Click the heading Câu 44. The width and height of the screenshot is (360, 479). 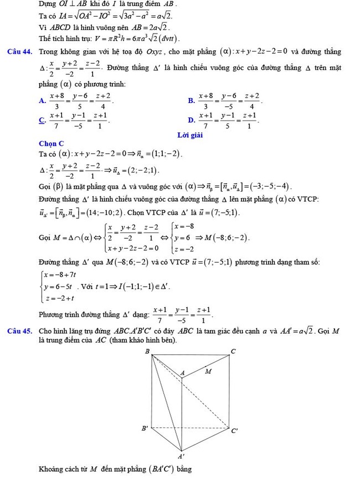click(20, 52)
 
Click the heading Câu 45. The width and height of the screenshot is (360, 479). click(20, 331)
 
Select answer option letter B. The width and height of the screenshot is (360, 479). click(191, 101)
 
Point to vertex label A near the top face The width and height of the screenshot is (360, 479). click(183, 373)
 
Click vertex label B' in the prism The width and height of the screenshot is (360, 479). click(145, 428)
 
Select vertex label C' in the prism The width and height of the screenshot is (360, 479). click(235, 430)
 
